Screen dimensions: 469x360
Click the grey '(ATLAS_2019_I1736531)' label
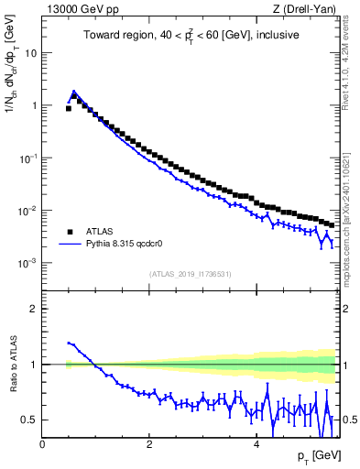[190, 273]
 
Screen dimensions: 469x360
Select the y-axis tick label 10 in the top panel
[31, 52]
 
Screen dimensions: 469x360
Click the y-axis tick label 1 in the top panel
[35, 105]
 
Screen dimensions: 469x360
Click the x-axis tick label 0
[42, 444]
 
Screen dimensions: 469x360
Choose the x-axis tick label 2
[148, 444]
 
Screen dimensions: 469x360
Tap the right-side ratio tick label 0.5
[349, 420]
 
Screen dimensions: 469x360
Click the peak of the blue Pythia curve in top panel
[74, 92]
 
